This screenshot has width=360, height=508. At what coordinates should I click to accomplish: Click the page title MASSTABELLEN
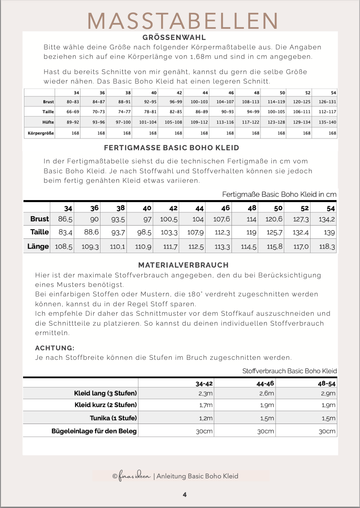click(x=182, y=20)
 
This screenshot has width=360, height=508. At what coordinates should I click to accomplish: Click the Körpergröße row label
click(x=41, y=133)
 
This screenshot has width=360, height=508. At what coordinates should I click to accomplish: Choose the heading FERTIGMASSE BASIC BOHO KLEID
click(x=171, y=147)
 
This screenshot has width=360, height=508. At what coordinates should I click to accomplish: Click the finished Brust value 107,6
click(x=222, y=219)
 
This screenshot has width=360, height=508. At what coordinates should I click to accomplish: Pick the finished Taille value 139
click(x=329, y=233)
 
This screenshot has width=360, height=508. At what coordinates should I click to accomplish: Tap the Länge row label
click(x=38, y=247)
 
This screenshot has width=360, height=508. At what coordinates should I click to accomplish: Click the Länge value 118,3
click(x=328, y=247)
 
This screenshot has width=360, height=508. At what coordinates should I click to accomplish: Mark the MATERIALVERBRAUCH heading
click(x=183, y=265)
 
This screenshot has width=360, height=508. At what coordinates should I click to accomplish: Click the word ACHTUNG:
click(x=54, y=348)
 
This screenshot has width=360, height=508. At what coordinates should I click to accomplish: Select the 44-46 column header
click(x=266, y=383)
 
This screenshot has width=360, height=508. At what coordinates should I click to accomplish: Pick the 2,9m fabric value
click(x=328, y=394)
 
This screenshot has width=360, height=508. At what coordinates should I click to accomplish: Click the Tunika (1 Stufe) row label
click(x=113, y=418)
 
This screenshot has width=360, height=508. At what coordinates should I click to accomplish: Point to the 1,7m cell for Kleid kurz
click(x=206, y=405)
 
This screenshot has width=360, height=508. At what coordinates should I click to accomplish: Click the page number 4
click(x=185, y=494)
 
